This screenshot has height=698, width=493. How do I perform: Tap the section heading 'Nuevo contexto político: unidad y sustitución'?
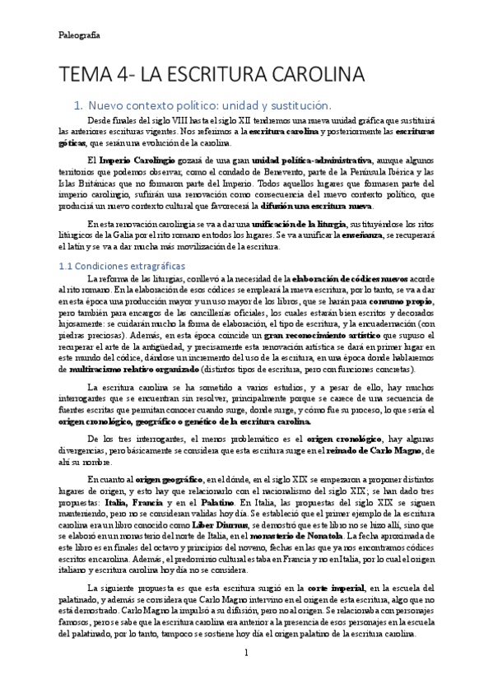click(209, 106)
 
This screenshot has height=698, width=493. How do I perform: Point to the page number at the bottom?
click(245, 676)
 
